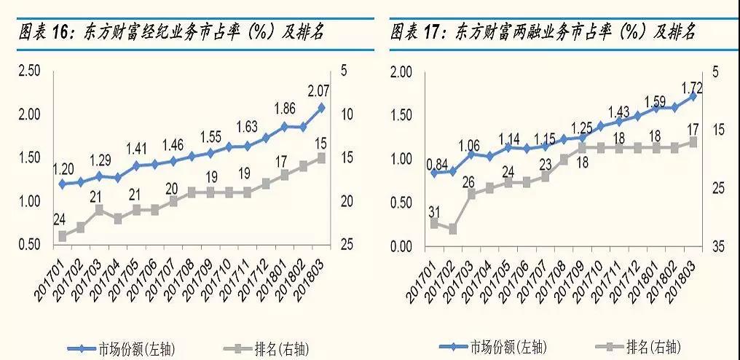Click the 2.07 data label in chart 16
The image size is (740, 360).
319,91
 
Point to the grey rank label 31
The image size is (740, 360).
433,212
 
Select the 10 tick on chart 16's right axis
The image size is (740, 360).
346,114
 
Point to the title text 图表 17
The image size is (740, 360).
420,32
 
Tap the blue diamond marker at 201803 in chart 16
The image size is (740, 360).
321,108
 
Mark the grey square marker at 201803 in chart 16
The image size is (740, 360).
321,157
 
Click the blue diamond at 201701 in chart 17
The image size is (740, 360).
435,173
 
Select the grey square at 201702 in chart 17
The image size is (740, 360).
453,229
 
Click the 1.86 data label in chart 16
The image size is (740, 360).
284,109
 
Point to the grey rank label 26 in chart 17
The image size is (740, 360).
470,181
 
